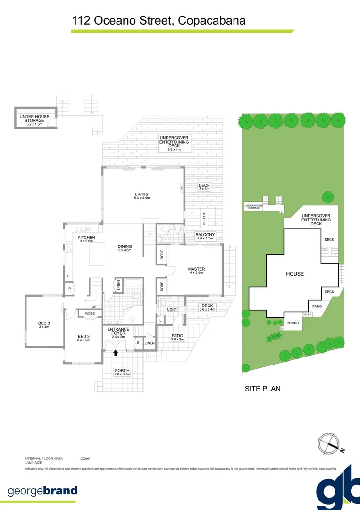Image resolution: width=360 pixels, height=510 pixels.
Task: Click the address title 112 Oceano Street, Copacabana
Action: click(x=159, y=21)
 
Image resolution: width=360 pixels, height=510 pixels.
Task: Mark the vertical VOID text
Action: click(x=204, y=219)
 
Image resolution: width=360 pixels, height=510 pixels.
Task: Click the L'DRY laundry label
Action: click(x=171, y=310)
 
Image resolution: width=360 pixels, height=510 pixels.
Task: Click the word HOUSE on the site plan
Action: click(x=294, y=274)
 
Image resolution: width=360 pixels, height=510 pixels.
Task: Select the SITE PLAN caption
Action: click(x=262, y=389)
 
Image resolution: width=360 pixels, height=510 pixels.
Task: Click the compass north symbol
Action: click(x=329, y=443)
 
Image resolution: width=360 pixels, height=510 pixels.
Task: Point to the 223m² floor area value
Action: click(x=85, y=459)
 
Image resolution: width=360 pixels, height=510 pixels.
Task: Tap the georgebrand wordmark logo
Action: click(x=43, y=491)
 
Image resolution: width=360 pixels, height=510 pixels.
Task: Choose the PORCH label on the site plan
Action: click(x=293, y=323)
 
